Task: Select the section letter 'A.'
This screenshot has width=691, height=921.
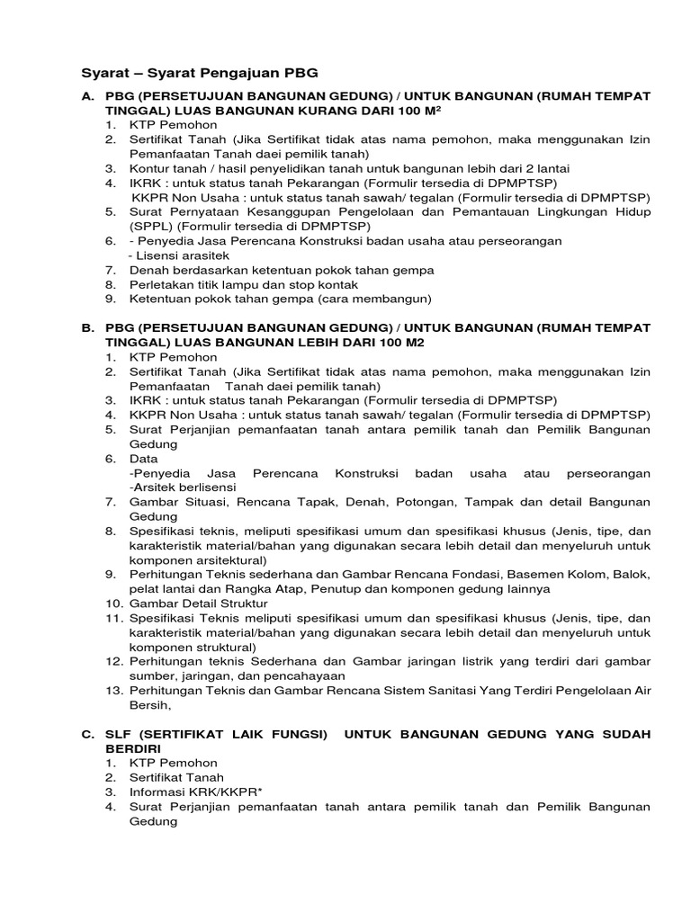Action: [x=88, y=95]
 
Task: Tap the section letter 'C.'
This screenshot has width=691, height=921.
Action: [x=88, y=734]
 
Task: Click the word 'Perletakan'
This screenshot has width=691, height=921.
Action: [x=163, y=283]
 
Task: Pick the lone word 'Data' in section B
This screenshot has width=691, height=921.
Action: [x=144, y=458]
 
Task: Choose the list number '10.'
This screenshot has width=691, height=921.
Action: [x=114, y=603]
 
